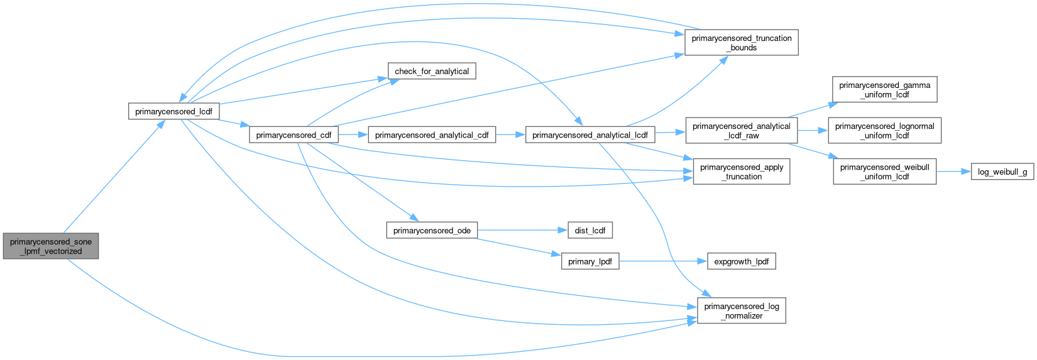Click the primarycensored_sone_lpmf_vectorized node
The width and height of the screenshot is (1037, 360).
click(51, 246)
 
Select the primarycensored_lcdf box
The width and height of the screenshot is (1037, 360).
click(174, 112)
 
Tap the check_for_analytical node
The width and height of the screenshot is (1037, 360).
click(432, 72)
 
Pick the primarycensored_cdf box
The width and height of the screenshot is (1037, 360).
click(294, 135)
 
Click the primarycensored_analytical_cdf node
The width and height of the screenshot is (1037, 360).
click(432, 135)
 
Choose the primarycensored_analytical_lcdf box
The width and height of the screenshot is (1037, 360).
click(590, 135)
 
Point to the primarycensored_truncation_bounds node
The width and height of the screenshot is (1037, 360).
click(741, 43)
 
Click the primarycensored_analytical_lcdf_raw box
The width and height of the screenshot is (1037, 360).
click(741, 131)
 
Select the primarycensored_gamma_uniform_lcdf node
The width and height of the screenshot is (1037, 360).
click(884, 90)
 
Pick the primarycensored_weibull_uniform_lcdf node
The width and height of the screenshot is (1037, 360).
click(884, 172)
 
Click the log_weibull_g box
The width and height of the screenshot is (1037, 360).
click(1002, 172)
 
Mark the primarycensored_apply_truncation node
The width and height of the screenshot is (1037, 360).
click(741, 172)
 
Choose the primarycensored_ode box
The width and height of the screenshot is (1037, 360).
click(432, 231)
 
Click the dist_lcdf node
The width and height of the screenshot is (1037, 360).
click(590, 231)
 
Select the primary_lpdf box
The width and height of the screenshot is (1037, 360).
click(590, 261)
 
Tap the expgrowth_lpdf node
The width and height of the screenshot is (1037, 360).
click(741, 261)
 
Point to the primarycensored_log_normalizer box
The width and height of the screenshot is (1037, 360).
click(741, 311)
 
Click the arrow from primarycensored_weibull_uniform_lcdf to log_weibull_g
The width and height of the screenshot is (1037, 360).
click(953, 172)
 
